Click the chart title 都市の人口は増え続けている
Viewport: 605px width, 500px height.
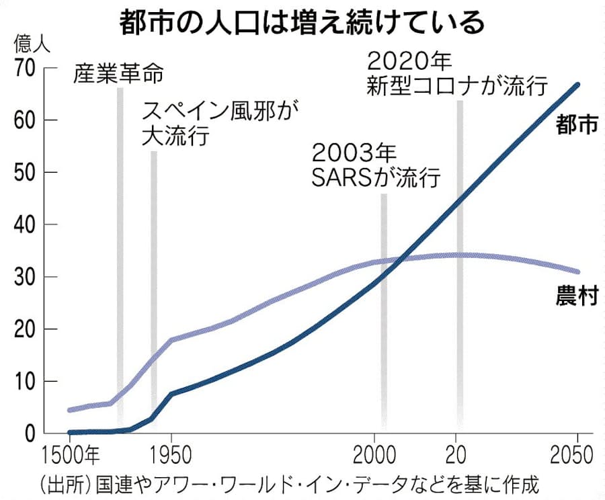(302, 23)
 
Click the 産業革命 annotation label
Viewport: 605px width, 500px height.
(118, 74)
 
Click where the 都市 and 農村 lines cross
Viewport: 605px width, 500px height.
(402, 257)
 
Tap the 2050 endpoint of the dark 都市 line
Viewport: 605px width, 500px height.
(579, 85)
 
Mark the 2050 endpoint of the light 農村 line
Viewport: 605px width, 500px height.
(579, 272)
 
